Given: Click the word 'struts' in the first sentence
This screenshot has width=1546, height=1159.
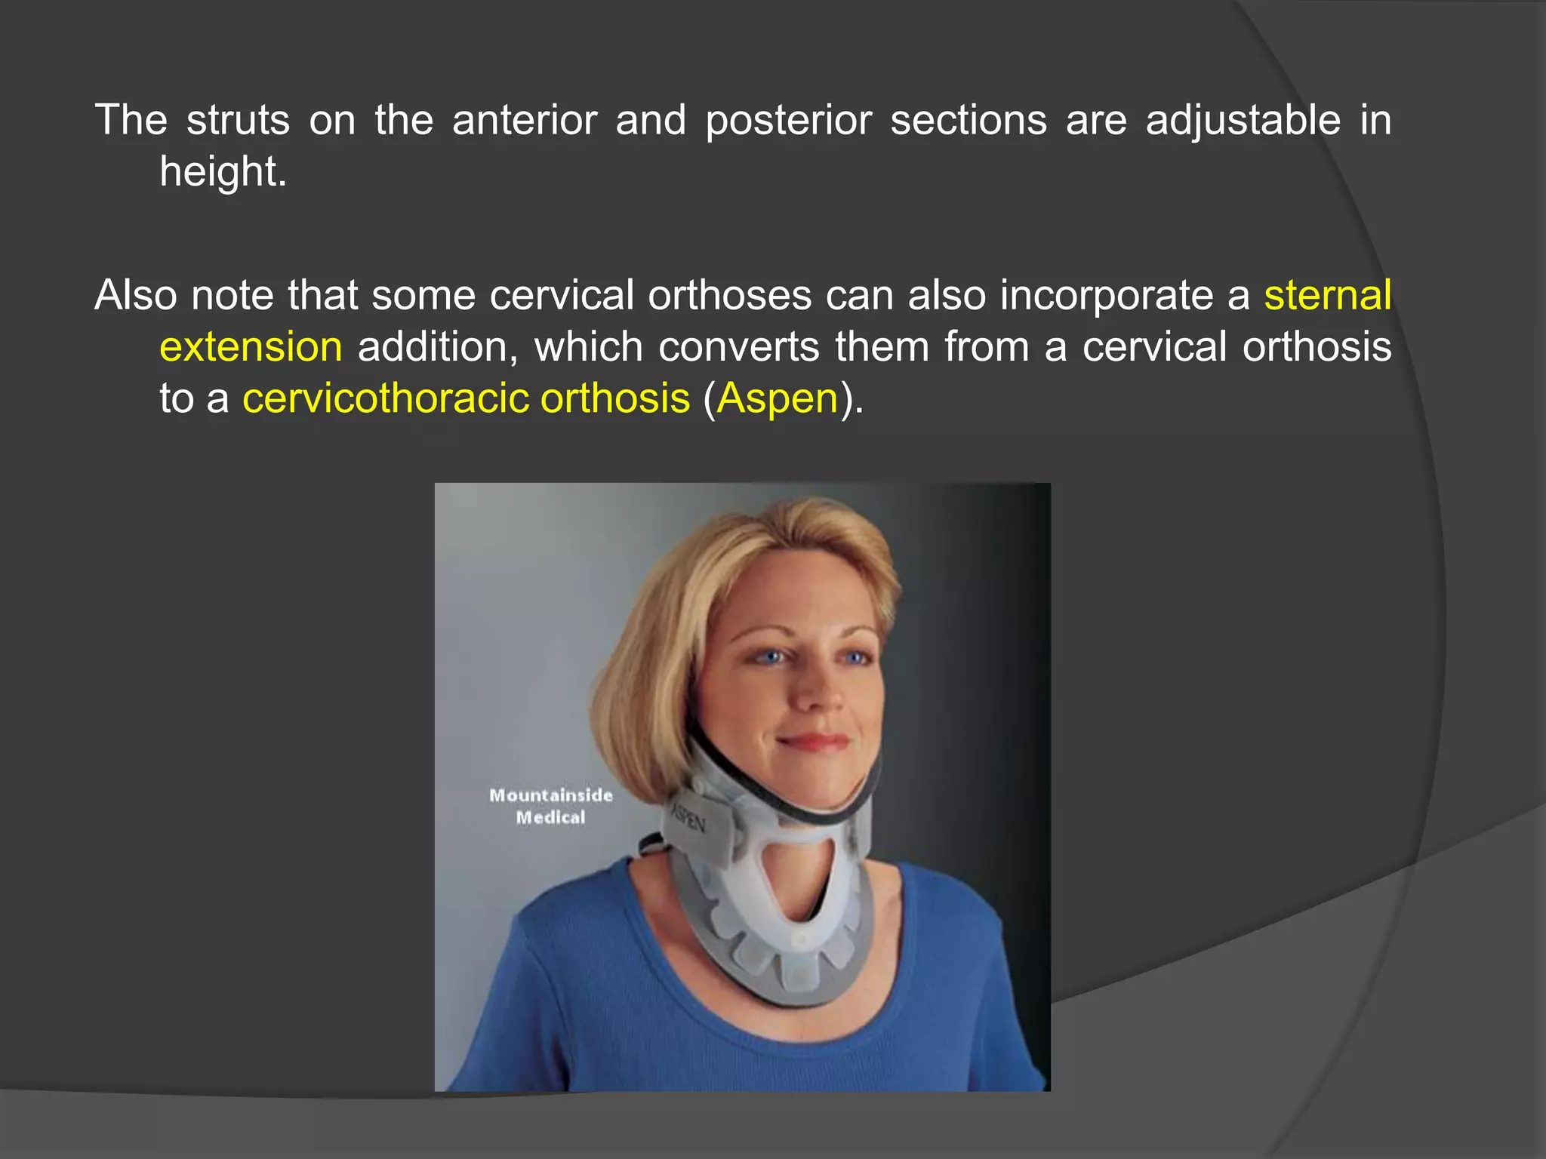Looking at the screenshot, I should tap(238, 120).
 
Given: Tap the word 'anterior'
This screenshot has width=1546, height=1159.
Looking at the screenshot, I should tap(525, 120).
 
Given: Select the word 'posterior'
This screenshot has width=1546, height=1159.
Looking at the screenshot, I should tap(788, 120).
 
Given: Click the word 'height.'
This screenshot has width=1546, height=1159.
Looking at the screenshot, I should tap(223, 171).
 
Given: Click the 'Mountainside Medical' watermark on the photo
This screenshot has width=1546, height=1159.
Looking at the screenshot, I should tap(551, 806).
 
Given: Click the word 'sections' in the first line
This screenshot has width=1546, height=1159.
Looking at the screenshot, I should tap(969, 120).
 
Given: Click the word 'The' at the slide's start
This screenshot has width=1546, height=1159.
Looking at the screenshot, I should tap(131, 120).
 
